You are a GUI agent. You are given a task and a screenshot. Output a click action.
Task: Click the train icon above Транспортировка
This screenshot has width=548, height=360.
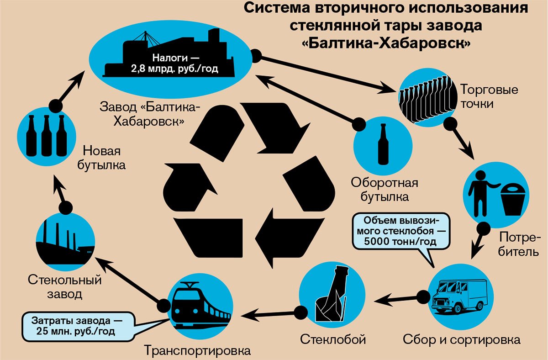pyautogui.click(x=200, y=306)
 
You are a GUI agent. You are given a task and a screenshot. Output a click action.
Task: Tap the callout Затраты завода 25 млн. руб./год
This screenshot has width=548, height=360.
pyautogui.click(x=77, y=325)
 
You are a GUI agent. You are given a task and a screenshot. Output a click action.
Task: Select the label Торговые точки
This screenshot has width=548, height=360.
pyautogui.click(x=483, y=96)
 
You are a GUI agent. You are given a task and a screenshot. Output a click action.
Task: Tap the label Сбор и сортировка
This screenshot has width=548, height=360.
pyautogui.click(x=462, y=340)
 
